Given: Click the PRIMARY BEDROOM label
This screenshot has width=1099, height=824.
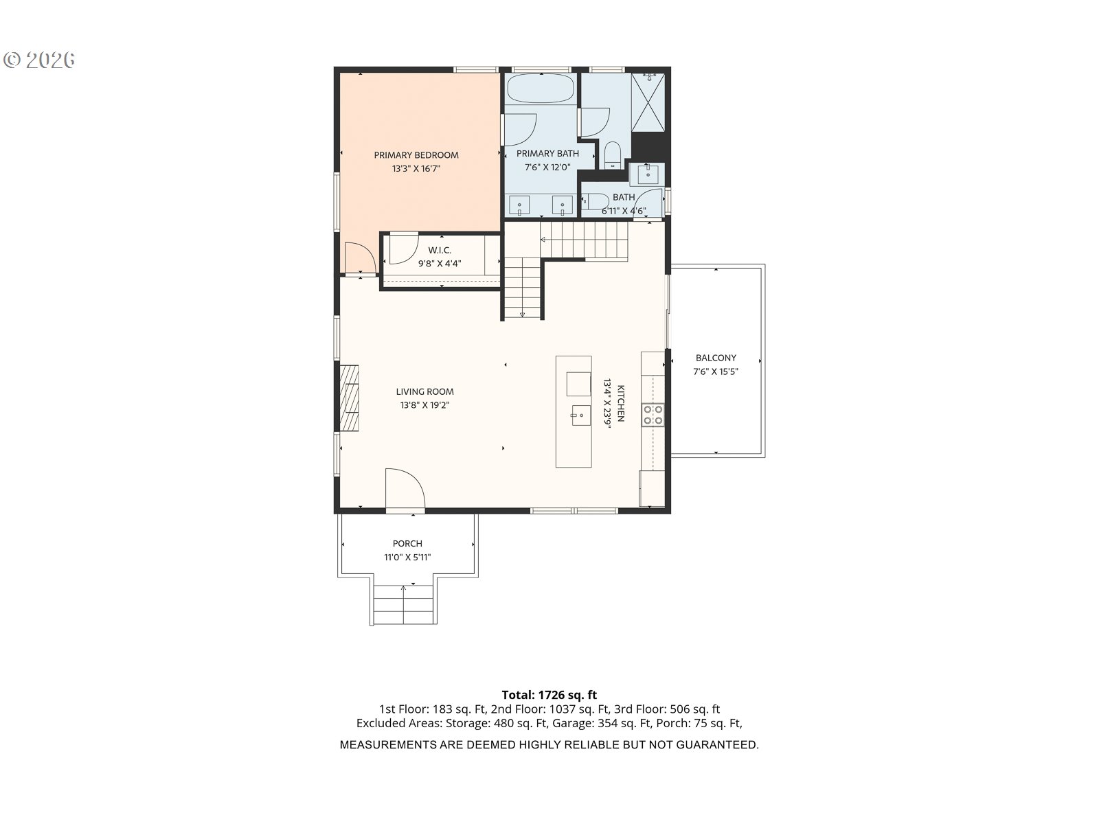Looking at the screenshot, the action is tap(416, 155).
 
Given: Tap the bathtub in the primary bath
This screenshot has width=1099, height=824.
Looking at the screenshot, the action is tap(541, 89).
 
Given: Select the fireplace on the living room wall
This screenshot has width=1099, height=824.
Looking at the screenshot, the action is tap(349, 398).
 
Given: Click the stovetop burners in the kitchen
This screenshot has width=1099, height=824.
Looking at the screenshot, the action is tap(653, 415).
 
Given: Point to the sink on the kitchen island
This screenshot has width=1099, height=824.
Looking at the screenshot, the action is tap(581, 415).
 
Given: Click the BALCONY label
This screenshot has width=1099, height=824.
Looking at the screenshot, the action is tap(716, 358).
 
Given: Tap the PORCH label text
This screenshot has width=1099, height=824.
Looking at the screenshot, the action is tap(407, 543).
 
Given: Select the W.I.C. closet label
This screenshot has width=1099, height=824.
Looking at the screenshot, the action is tap(440, 250).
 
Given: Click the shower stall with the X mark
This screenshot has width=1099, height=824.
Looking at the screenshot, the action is tap(648, 102).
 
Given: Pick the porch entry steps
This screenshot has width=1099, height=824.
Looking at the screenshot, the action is tap(404, 604).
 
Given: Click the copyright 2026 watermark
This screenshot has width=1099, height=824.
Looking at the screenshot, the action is tap(39, 60).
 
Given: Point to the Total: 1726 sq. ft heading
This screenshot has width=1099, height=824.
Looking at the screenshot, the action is tap(549, 695).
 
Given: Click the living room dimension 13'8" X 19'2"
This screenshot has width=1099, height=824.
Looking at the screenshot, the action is tap(424, 405).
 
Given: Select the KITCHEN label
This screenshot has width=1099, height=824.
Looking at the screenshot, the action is tap(621, 403).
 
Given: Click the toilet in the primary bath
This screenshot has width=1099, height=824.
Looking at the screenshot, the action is tap(612, 155).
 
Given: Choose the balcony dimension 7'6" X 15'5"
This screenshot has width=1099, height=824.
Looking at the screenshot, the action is tap(716, 371).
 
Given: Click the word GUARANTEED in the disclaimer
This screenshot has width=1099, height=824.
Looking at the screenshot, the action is tap(717, 745).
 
